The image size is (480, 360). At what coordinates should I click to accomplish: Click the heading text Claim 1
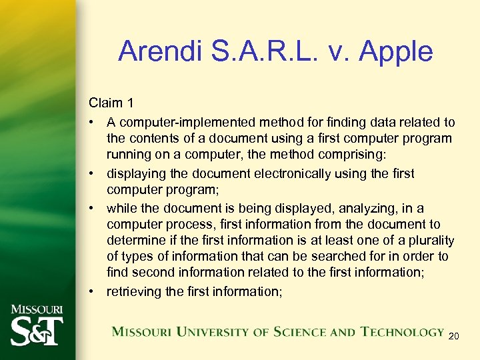point(111,103)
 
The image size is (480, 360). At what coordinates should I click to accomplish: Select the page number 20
point(454,336)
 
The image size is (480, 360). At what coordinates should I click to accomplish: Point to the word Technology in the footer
point(403,331)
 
